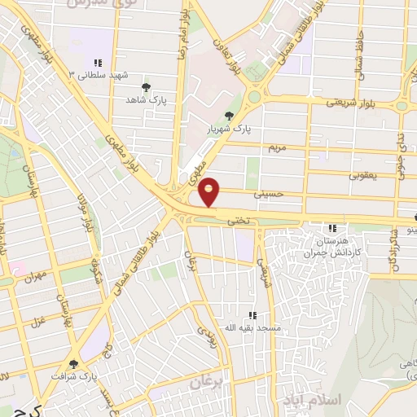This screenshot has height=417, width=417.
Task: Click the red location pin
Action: [209, 191]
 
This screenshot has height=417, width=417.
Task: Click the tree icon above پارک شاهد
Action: [146, 86]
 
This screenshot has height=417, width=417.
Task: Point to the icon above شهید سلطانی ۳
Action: [98, 63]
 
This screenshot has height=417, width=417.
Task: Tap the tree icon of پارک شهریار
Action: [228, 116]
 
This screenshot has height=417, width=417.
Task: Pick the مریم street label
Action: [278, 148]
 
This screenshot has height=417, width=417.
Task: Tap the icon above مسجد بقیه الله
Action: [252, 315]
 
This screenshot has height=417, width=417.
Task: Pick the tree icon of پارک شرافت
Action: [74, 364]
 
